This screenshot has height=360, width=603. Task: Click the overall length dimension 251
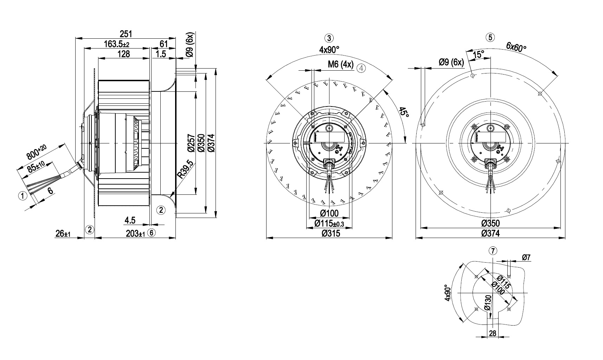(x=126, y=34)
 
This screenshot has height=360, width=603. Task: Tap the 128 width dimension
(x=123, y=54)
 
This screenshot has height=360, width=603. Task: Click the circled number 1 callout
(x=23, y=196)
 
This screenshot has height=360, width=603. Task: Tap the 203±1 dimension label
(x=135, y=233)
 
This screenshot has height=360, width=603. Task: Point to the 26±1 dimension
(x=63, y=233)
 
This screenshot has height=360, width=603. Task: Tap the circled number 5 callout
(x=490, y=37)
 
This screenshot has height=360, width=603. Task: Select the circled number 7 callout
(x=493, y=251)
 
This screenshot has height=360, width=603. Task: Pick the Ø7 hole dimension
(x=526, y=258)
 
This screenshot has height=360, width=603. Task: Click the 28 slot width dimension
(x=493, y=333)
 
